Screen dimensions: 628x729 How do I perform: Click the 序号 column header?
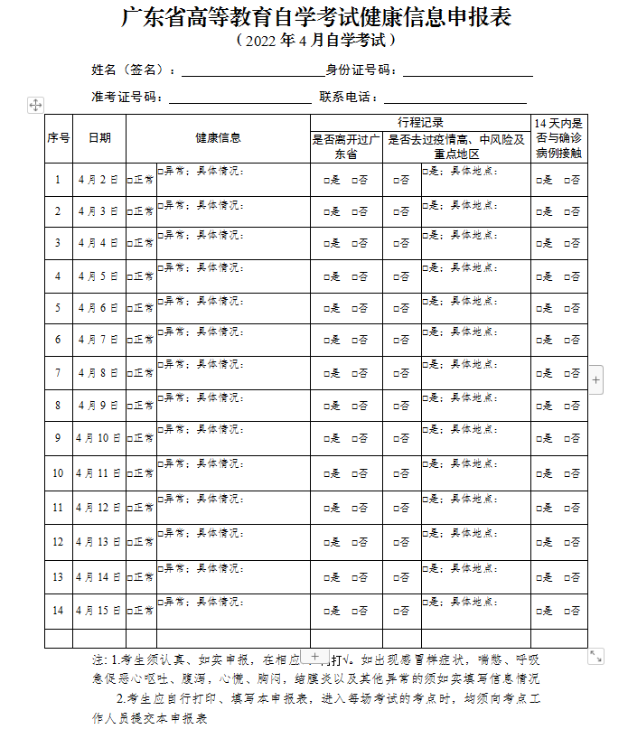[x=59, y=138]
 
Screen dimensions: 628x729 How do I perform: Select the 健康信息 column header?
[x=218, y=138]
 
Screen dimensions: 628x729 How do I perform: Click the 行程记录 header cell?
[x=420, y=122]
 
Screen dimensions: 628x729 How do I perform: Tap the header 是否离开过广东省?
[x=347, y=147]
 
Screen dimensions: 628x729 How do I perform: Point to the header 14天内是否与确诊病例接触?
[x=558, y=138]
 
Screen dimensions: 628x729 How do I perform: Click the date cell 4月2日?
[x=98, y=180]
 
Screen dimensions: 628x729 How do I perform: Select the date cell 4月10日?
[x=98, y=438]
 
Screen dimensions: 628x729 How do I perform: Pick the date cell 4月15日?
[x=98, y=611]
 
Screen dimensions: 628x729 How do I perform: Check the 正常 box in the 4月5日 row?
[x=131, y=277]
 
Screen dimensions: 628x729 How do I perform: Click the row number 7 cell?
[x=58, y=373]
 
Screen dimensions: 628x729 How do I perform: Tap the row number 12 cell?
[x=58, y=542]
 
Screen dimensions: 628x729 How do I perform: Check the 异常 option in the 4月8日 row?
[x=161, y=397]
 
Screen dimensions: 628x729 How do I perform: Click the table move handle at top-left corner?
[x=36, y=106]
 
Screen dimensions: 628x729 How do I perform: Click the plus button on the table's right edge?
[x=595, y=381]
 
